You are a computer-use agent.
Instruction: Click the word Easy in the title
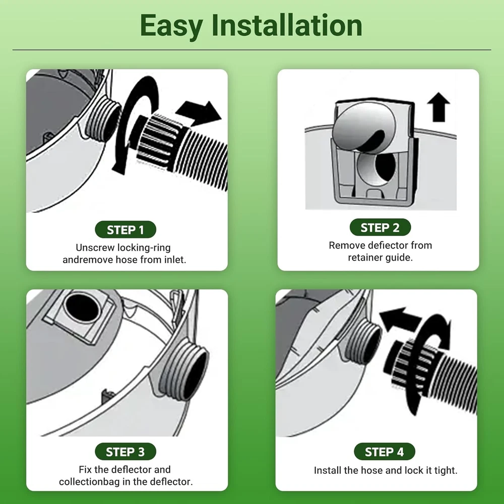pyautogui.click(x=171, y=26)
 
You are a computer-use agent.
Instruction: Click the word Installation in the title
pyautogui.click(x=287, y=25)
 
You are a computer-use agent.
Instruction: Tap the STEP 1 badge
pyautogui.click(x=125, y=229)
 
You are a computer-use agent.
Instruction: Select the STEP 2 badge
pyautogui.click(x=380, y=227)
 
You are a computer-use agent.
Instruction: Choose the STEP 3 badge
pyautogui.click(x=125, y=452)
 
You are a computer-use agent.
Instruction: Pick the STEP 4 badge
pyautogui.click(x=384, y=452)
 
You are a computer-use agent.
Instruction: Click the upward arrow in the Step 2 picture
pyautogui.click(x=438, y=107)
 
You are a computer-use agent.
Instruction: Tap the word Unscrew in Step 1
pyautogui.click(x=95, y=247)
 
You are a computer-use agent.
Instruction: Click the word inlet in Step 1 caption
pyautogui.click(x=175, y=260)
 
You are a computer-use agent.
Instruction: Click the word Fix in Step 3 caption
pyautogui.click(x=85, y=469)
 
